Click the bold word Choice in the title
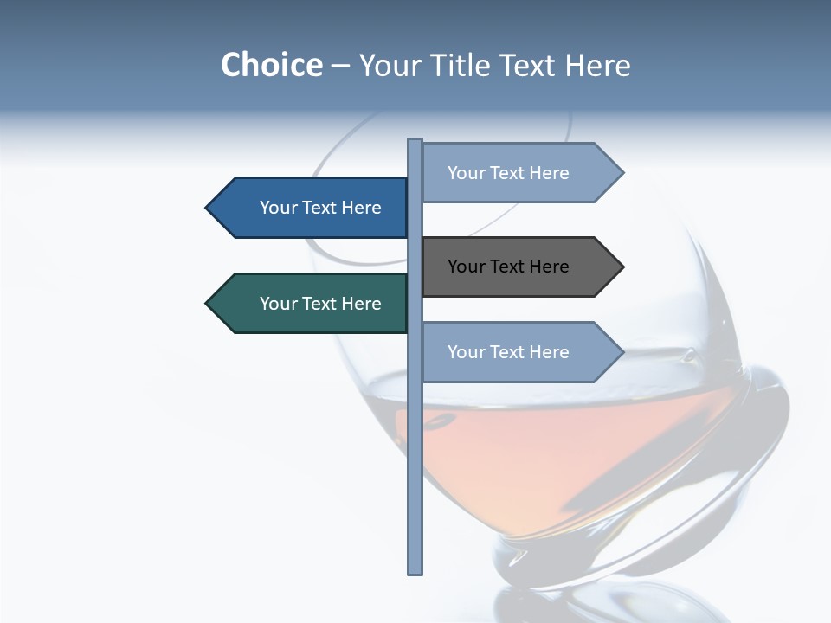(271, 65)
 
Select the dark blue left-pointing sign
(312, 208)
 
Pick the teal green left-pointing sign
(312, 304)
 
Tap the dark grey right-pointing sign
(515, 267)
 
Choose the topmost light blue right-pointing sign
(515, 173)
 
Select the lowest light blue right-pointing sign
(515, 352)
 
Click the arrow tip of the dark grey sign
(621, 267)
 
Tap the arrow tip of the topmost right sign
(621, 173)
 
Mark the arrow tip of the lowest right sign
(621, 352)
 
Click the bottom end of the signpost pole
(415, 571)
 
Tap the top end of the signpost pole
(415, 141)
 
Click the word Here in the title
(597, 65)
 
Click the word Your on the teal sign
(278, 304)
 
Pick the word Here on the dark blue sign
(361, 208)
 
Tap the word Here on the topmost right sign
(549, 173)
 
